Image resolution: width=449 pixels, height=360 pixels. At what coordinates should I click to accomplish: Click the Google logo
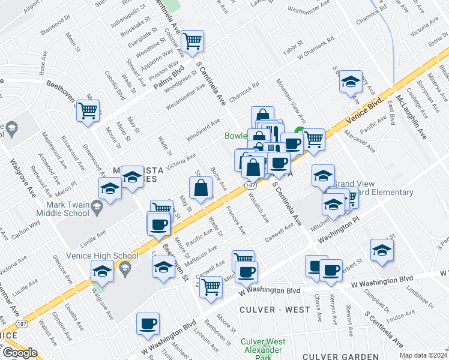point(20,352)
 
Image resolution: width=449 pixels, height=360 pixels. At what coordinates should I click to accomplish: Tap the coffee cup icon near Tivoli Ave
point(148,324)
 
